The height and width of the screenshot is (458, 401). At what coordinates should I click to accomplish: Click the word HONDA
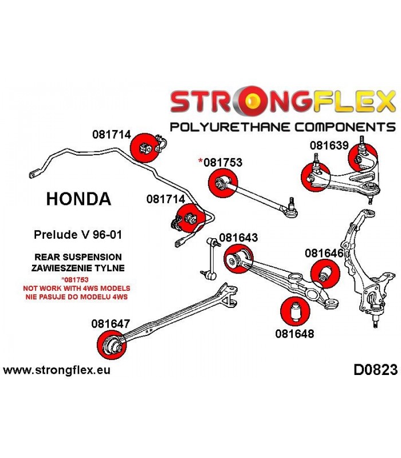78,199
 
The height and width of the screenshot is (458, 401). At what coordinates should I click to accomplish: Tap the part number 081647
111,323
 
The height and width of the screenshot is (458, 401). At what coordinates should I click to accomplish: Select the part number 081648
294,334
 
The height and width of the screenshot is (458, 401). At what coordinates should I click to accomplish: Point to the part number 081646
324,253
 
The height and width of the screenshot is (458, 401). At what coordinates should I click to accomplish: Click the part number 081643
238,238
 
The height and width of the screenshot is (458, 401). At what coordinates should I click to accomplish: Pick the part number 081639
329,145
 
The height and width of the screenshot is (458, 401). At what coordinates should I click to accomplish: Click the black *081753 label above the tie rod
221,162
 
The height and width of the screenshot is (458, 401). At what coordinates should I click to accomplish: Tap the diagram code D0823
376,370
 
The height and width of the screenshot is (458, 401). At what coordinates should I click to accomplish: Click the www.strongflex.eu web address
57,370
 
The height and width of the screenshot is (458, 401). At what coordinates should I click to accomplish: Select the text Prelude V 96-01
78,235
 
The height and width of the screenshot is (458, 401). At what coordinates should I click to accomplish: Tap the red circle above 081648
295,311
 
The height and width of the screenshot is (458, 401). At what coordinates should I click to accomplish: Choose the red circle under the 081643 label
238,259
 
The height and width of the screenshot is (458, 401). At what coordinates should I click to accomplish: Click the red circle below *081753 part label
223,183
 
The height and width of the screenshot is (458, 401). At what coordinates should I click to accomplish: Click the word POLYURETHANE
230,127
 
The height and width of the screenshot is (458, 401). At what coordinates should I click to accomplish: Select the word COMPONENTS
345,127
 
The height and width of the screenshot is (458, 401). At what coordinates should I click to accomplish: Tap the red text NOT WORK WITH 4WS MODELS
77,289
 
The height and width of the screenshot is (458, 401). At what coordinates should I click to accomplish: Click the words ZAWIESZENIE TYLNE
78,268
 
